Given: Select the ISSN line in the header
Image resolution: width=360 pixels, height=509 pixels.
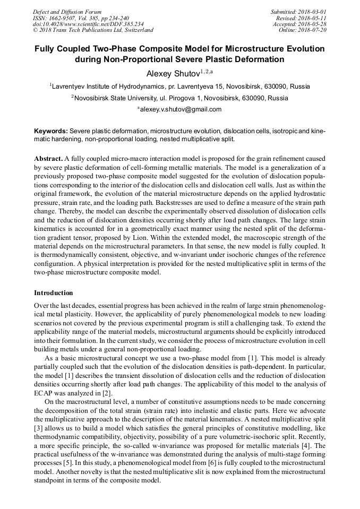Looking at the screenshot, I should pyautogui.click(x=81, y=18).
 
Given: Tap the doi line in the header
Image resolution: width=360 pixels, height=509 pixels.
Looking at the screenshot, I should pyautogui.click(x=88, y=24).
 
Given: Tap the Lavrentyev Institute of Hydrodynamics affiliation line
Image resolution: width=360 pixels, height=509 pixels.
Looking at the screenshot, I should pyautogui.click(x=180, y=86).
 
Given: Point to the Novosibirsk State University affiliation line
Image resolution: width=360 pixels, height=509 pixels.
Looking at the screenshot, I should pyautogui.click(x=180, y=98).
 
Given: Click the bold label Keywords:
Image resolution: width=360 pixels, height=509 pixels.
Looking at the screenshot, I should pyautogui.click(x=51, y=131).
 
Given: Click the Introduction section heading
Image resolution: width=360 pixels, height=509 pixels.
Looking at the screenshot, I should pyautogui.click(x=54, y=293).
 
